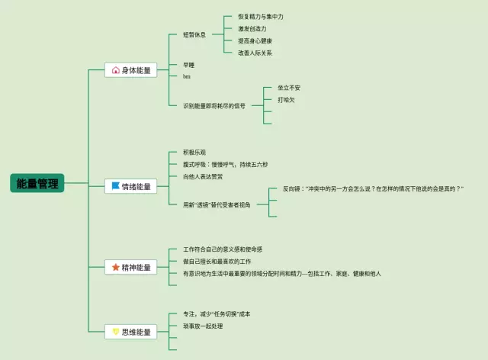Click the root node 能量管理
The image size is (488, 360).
37,183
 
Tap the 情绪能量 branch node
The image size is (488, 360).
130,185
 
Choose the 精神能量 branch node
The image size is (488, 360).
130,268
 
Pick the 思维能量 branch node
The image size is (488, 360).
130,332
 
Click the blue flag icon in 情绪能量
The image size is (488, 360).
115,185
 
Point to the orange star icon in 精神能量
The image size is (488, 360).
115,268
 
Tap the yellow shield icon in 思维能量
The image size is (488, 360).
115,332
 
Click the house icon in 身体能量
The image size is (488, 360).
115,70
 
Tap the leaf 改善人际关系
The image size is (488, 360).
255,53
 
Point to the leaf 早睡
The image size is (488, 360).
188,65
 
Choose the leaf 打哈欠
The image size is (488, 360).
286,99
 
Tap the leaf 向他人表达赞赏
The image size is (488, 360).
203,177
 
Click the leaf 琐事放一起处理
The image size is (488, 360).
203,326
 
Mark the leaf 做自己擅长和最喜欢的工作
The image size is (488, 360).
217,261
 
